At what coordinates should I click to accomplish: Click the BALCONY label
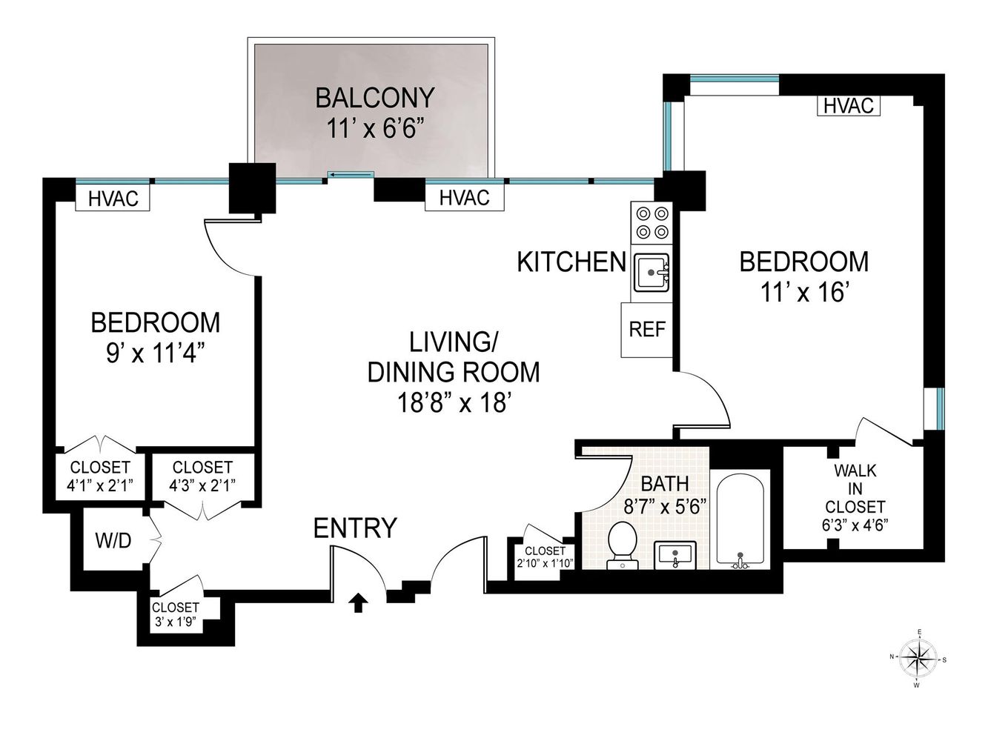click(374, 98)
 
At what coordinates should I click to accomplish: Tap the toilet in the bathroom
click(622, 545)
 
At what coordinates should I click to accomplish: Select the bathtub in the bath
click(740, 520)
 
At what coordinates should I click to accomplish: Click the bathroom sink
click(674, 555)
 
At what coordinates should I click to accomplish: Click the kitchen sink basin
click(652, 272)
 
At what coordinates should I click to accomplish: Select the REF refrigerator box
click(647, 330)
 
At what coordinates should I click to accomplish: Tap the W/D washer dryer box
click(114, 540)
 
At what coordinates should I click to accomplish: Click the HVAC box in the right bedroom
click(849, 106)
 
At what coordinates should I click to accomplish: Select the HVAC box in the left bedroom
click(113, 199)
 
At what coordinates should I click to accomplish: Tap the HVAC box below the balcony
click(464, 198)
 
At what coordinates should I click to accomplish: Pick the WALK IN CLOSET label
click(855, 498)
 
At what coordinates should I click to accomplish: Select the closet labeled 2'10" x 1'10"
click(545, 558)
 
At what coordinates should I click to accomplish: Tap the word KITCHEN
click(571, 262)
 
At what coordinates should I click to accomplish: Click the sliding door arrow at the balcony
click(350, 175)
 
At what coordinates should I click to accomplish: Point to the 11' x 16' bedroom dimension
click(804, 293)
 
